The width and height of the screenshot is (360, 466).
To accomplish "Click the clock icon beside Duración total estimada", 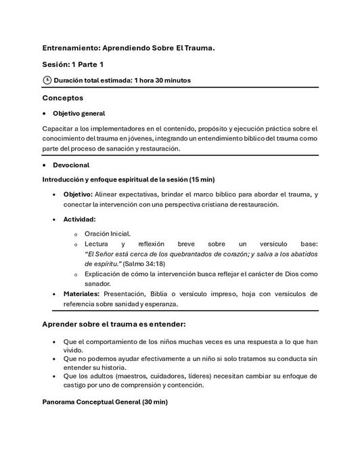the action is pyautogui.click(x=47, y=80).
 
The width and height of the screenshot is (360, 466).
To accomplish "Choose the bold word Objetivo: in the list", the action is pyautogui.click(x=83, y=194).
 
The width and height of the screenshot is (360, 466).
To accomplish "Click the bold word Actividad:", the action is pyautogui.click(x=81, y=219).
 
